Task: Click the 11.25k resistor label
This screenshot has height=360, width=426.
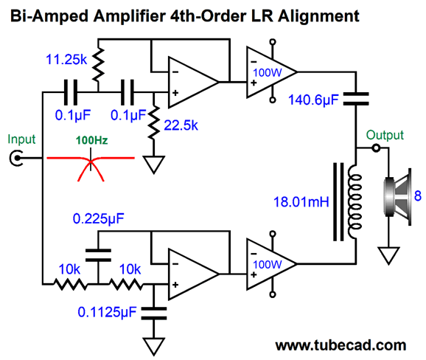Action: coord(66,59)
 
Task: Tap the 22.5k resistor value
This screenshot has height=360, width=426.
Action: coord(181,125)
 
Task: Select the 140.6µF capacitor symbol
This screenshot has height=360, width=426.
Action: coord(356,99)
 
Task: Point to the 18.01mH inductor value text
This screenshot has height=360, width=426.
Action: coord(301,202)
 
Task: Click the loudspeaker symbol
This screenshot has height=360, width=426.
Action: coord(397,197)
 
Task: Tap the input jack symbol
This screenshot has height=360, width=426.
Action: coord(16,158)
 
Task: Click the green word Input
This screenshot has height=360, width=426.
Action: coord(21,139)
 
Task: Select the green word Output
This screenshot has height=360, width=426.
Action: coord(385,135)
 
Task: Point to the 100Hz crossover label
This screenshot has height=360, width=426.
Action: coord(92,140)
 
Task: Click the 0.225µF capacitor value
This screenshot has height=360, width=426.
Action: coord(98,219)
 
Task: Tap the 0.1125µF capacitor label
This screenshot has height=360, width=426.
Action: coord(107,312)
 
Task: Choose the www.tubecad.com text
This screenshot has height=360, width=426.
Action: coord(341,345)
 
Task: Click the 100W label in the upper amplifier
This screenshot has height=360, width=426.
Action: coord(268,73)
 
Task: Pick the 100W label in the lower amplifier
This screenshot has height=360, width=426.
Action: coord(268,265)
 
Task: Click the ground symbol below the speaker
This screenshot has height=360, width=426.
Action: coord(388,255)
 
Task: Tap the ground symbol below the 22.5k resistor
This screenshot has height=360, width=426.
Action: coord(154,165)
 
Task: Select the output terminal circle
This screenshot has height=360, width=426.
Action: coord(376,148)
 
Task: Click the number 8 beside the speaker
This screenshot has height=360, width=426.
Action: coord(418,195)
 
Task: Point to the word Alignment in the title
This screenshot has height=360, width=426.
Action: coord(318,16)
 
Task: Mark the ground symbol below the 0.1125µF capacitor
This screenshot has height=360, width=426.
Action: coord(154,347)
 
